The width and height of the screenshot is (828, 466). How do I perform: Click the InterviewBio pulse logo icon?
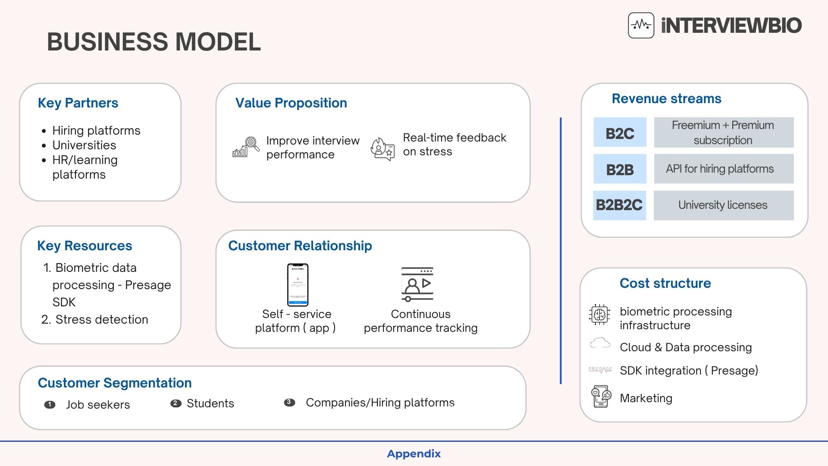(x=641, y=25)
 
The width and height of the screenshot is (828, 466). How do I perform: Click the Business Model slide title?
(x=154, y=42)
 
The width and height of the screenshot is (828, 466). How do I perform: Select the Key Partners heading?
(x=78, y=103)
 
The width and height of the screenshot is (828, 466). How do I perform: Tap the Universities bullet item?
(x=84, y=145)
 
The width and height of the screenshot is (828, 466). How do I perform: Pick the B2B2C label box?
(x=619, y=205)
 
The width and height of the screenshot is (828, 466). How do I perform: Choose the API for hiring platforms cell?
(x=723, y=169)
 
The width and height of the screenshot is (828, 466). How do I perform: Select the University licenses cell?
(x=723, y=205)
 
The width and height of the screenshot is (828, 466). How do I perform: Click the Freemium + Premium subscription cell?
(x=723, y=132)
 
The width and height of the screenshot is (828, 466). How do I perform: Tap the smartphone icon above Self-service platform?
(x=298, y=285)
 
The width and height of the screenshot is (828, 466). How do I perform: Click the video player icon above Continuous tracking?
(x=417, y=284)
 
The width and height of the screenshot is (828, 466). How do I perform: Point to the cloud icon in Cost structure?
(x=600, y=343)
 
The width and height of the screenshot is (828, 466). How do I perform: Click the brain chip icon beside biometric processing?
(x=599, y=314)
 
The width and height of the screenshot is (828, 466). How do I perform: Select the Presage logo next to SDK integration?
(x=600, y=370)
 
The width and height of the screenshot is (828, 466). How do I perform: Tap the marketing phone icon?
(x=601, y=397)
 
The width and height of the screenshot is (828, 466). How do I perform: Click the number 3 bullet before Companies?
(x=289, y=403)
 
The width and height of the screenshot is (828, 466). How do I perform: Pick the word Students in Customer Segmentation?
(x=210, y=403)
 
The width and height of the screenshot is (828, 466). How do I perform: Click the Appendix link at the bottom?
(x=414, y=454)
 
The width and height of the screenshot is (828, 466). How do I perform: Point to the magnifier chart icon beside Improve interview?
(x=246, y=147)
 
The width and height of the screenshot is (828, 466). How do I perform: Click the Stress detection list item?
(x=101, y=320)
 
